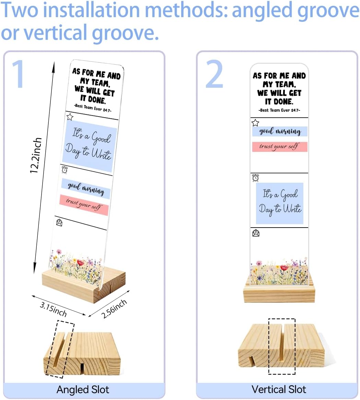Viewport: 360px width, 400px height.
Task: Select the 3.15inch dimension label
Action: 53,309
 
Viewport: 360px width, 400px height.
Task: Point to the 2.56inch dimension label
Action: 114,309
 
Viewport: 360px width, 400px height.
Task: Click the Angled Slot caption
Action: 83,390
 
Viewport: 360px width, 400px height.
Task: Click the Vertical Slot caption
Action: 279,389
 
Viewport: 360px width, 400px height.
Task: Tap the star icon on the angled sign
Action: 70,117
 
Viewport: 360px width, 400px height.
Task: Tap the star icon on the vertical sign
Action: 255,123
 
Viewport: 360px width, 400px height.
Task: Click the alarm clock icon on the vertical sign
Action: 255,178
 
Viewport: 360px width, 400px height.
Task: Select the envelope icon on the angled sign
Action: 59,222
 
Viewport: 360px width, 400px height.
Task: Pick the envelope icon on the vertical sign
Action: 256,233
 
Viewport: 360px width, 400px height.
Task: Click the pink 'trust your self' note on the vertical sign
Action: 280,147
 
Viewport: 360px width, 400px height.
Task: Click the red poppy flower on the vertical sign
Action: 284,268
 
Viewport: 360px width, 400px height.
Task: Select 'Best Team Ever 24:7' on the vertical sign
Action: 279,110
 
